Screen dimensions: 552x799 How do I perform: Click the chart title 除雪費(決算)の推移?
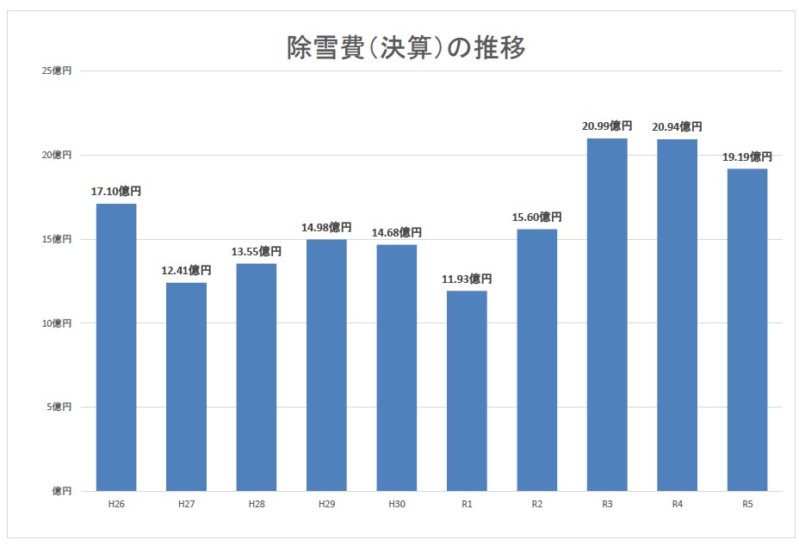(x=406, y=48)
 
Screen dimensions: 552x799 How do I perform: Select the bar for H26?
(x=116, y=347)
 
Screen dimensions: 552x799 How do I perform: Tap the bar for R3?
(x=607, y=315)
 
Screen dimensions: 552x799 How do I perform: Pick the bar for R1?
(x=467, y=391)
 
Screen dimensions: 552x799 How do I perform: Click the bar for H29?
(x=326, y=365)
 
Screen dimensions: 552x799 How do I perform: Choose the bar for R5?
(x=747, y=330)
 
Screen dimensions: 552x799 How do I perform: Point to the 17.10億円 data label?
(x=116, y=192)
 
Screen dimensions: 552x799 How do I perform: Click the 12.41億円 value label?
(x=186, y=271)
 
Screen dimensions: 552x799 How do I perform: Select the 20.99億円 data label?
(x=607, y=126)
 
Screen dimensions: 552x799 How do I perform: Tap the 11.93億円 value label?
(x=467, y=279)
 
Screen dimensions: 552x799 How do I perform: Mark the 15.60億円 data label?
(x=537, y=218)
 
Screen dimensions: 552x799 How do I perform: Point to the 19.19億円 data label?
(x=747, y=157)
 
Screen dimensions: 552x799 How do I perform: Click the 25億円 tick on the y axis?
(x=57, y=71)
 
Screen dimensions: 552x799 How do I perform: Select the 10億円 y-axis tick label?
(x=57, y=323)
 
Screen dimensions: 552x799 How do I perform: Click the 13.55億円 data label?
(x=257, y=252)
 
